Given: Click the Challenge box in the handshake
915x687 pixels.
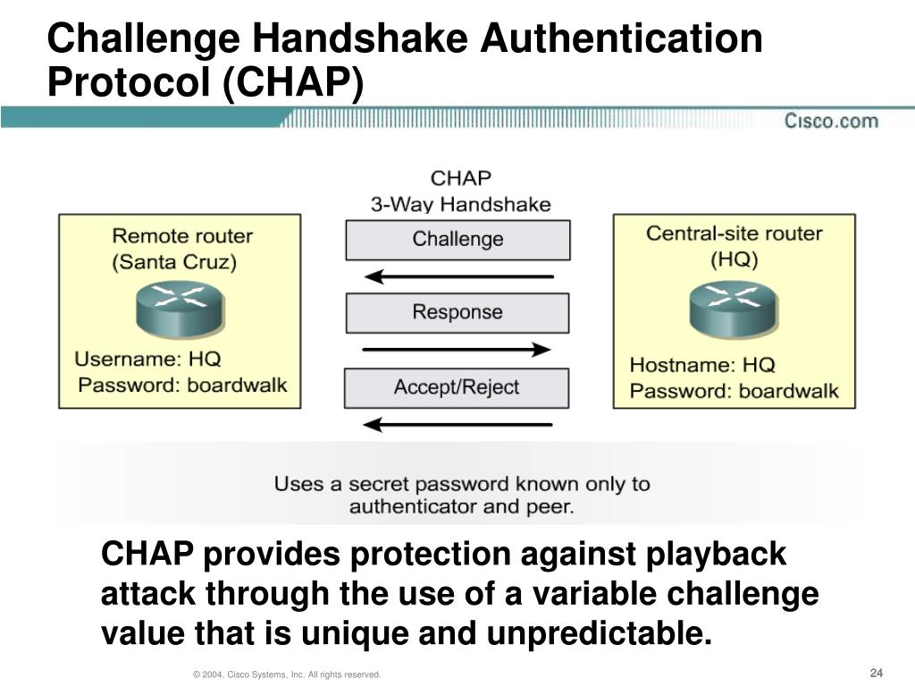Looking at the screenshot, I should point(457,240).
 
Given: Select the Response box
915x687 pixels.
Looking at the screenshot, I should point(457,312).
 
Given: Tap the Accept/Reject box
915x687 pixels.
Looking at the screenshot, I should point(457,387).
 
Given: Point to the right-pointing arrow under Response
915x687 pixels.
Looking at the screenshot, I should point(457,350).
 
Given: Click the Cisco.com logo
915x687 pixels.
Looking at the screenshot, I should point(831,121).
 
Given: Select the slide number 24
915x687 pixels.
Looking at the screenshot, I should point(876,673).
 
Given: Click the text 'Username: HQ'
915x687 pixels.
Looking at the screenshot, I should point(147,360).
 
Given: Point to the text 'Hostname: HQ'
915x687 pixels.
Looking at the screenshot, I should point(702,365).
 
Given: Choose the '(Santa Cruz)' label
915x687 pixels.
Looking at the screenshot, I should point(175,263).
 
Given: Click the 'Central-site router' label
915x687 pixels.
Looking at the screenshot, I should point(734,233).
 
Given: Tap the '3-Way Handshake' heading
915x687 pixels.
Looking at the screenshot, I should point(461,204).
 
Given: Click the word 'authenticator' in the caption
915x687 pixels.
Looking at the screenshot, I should point(412,507).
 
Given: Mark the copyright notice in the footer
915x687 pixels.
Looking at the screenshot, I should point(287,674).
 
